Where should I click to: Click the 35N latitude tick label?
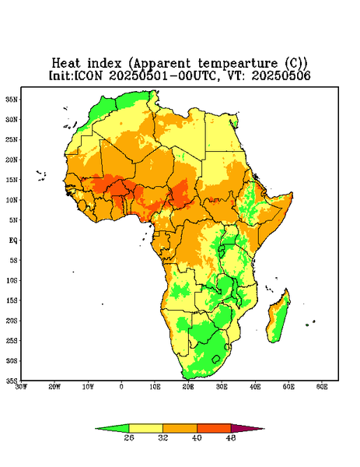click(12, 99)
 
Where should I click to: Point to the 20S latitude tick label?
click(12, 321)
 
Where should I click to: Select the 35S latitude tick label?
click(12, 381)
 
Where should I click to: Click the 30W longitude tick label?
click(21, 387)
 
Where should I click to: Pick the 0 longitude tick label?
click(121, 387)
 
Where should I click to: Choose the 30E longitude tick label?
click(222, 387)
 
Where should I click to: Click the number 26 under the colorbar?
click(129, 437)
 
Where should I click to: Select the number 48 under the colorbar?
click(231, 437)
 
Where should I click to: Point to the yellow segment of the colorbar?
click(146, 428)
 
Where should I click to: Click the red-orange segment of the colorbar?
click(214, 428)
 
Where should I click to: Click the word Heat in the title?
click(66, 63)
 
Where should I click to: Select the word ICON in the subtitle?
click(88, 75)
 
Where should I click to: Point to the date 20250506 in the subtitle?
click(281, 75)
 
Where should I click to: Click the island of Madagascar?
click(278, 318)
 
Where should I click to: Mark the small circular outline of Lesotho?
click(216, 359)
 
